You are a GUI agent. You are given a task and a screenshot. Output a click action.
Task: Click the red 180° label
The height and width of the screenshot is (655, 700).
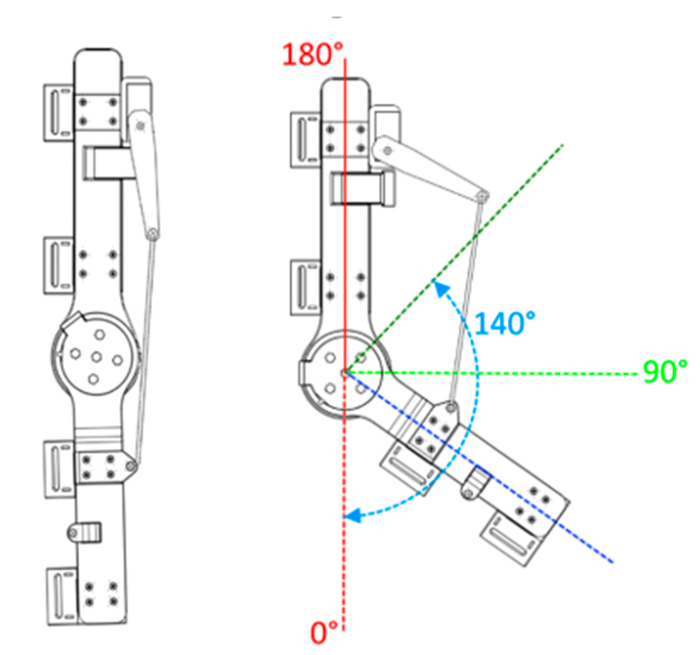tap(312, 55)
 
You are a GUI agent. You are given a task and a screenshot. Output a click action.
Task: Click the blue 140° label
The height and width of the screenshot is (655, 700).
tap(504, 324)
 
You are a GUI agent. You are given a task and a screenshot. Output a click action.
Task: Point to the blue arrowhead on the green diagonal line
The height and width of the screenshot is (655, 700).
tap(441, 289)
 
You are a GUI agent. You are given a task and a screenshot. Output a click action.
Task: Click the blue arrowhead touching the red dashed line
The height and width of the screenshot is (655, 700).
tap(353, 516)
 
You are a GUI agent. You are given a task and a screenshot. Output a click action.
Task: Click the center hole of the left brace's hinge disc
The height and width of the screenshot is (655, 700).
tap(97, 357)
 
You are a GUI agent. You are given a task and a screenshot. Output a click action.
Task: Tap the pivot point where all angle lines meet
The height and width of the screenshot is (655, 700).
tap(345, 373)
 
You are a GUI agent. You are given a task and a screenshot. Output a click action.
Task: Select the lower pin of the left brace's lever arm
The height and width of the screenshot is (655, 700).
tap(152, 234)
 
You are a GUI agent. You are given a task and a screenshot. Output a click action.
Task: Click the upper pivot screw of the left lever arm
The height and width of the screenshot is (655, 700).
tap(141, 126)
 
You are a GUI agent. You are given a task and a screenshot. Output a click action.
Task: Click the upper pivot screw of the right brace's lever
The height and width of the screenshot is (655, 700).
tap(388, 151)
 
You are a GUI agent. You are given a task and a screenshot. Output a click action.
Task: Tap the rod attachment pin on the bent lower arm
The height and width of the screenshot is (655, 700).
tap(451, 407)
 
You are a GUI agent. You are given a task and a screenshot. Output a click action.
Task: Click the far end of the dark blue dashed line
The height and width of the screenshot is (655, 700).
tap(612, 561)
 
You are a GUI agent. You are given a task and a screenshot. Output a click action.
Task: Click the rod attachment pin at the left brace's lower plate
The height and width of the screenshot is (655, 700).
tap(131, 466)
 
